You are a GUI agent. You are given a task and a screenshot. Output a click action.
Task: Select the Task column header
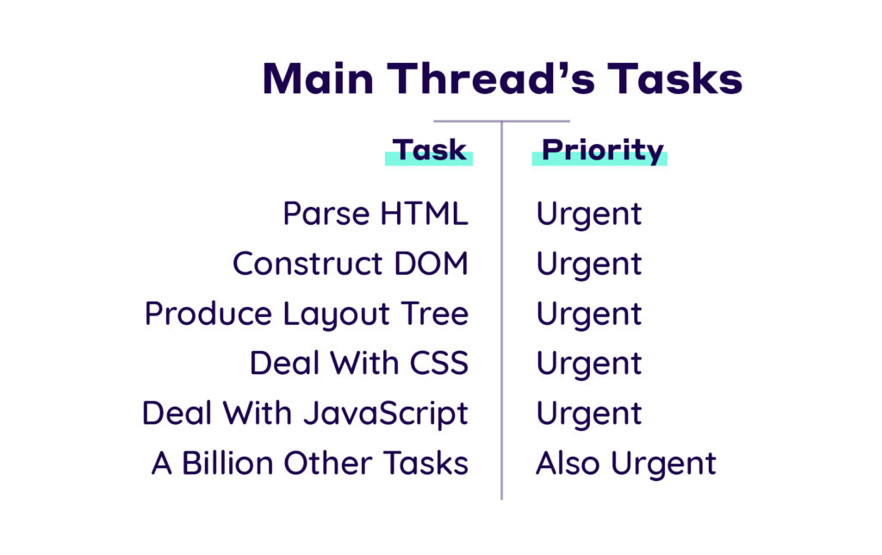click(x=430, y=150)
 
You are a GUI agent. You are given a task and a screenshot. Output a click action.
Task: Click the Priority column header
click(x=602, y=150)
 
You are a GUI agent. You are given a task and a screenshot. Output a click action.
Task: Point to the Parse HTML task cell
click(x=376, y=214)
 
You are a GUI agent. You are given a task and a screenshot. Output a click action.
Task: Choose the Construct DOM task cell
click(x=351, y=264)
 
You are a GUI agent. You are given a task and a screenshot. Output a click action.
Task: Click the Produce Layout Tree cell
click(x=307, y=314)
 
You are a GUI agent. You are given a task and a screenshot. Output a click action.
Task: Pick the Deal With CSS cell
click(x=359, y=363)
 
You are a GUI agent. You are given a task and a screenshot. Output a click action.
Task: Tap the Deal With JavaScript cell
click(x=305, y=413)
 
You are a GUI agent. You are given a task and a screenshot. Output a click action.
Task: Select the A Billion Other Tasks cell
click(x=310, y=463)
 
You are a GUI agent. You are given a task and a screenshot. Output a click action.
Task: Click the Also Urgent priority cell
click(x=626, y=463)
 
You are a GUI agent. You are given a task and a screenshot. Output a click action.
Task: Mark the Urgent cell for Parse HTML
click(x=589, y=215)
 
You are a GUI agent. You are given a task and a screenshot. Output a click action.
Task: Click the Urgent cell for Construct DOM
click(x=589, y=265)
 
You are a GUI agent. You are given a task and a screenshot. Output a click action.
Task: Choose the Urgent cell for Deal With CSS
click(x=589, y=364)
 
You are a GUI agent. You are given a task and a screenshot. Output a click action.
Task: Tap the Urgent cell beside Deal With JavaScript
click(x=589, y=414)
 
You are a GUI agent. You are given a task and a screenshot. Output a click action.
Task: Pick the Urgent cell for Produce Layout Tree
click(x=589, y=315)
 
